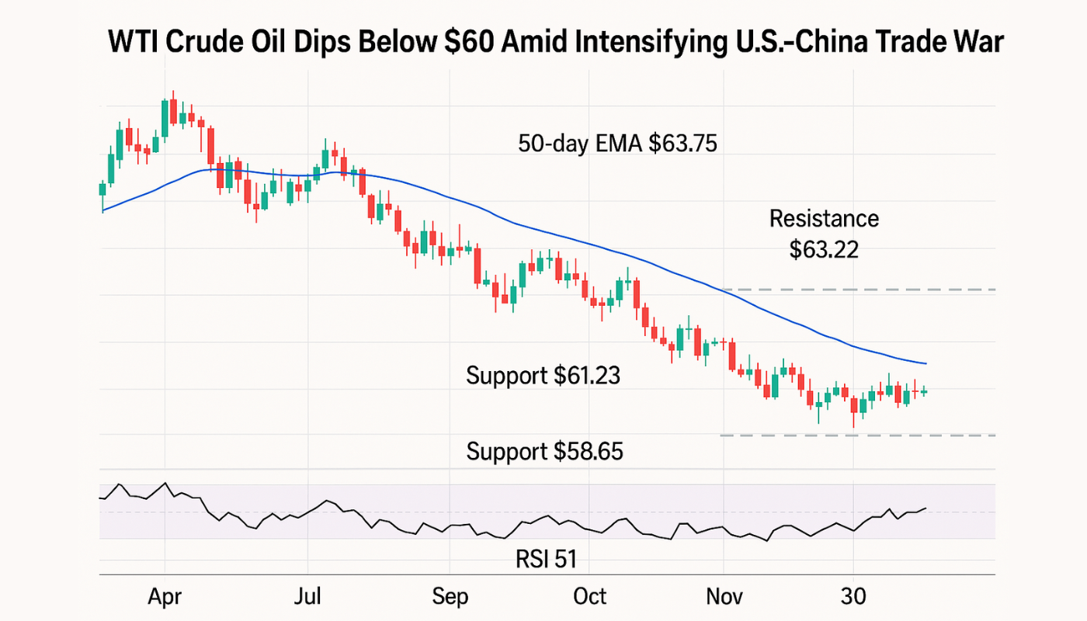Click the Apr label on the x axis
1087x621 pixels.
(x=165, y=596)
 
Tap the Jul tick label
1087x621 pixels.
(x=308, y=596)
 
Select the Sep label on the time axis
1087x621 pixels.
(x=450, y=597)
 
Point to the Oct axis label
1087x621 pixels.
(x=590, y=596)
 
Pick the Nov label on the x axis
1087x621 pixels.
(x=724, y=596)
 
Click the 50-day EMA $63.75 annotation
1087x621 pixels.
(x=617, y=144)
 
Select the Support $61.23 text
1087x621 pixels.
(x=543, y=376)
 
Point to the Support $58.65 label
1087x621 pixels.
(x=544, y=451)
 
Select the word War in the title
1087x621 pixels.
(x=980, y=42)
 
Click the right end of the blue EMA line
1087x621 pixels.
(x=926, y=363)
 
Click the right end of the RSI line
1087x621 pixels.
(x=926, y=508)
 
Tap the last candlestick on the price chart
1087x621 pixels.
(x=924, y=391)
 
